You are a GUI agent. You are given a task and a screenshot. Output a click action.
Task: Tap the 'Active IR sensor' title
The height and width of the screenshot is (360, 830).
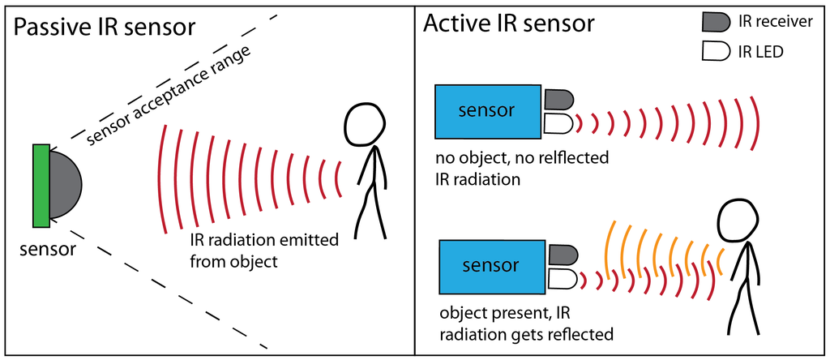coord(509,24)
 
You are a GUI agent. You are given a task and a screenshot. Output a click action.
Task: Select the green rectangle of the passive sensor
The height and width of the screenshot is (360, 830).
coord(41,186)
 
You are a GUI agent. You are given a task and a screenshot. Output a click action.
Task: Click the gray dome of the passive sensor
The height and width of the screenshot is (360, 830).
coord(66,185)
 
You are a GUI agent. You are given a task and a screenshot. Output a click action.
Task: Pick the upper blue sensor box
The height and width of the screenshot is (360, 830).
coord(487,111)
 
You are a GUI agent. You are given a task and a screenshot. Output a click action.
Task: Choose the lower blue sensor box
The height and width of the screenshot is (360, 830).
coord(492,267)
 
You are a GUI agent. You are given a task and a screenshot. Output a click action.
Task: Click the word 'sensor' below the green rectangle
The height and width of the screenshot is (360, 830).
coord(47,248)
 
